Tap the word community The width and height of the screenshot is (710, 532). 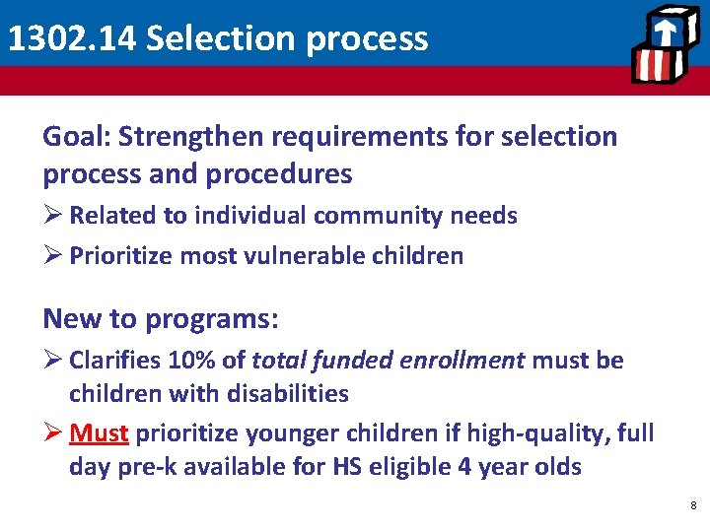tap(359, 215)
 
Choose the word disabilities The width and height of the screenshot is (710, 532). tap(288, 394)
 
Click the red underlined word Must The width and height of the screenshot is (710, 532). tap(99, 432)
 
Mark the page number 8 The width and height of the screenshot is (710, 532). tap(693, 505)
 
